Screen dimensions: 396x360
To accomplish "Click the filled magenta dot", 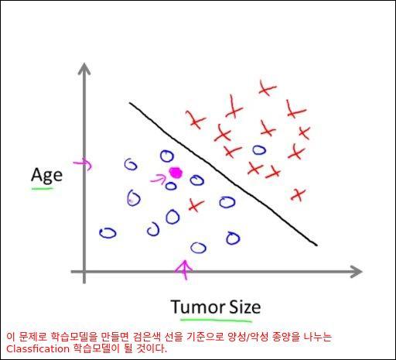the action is point(176,173).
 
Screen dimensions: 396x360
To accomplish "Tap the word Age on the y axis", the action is point(46,175).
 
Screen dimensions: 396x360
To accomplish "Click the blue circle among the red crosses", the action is point(259,149).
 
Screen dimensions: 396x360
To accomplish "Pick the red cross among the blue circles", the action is point(196,205).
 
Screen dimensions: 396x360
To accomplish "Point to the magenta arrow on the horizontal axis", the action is point(185,269).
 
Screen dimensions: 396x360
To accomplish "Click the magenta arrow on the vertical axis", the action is point(83,164).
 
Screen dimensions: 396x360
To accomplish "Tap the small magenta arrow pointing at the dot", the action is point(158,179).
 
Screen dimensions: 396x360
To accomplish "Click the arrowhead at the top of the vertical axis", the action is point(84,68).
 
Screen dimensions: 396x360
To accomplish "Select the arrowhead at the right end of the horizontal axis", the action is point(357,272).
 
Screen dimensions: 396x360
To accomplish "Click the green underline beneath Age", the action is point(42,189).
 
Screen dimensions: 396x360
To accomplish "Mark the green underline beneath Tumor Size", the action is point(216,321).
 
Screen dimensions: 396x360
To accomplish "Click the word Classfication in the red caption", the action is point(38,349).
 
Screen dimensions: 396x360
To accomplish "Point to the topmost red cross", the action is point(267,87).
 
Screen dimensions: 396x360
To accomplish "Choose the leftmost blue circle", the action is point(108,233).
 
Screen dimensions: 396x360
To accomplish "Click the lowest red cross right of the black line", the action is point(298,195).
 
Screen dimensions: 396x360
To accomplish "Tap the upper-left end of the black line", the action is point(130,103).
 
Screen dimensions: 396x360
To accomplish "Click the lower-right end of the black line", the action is point(316,245).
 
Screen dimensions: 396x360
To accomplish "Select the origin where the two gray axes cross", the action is point(84,272).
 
